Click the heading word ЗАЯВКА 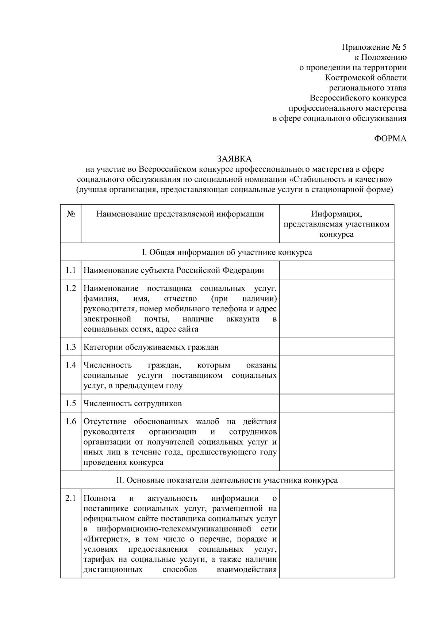pos(234,159)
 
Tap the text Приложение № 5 pos(374,47)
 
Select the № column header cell pos(71,214)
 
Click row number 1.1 pos(71,270)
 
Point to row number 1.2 pos(71,289)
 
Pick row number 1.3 pos(71,347)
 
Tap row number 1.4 pos(71,365)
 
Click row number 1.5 pos(71,403)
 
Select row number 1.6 pos(71,422)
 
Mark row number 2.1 pos(71,498)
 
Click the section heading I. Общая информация pos(227,252)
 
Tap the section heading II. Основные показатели pos(227,480)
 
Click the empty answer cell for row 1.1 pos(336,270)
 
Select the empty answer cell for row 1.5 pos(336,403)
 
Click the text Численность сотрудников pos(132,404)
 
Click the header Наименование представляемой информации pos(180,214)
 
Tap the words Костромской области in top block pos(366,78)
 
